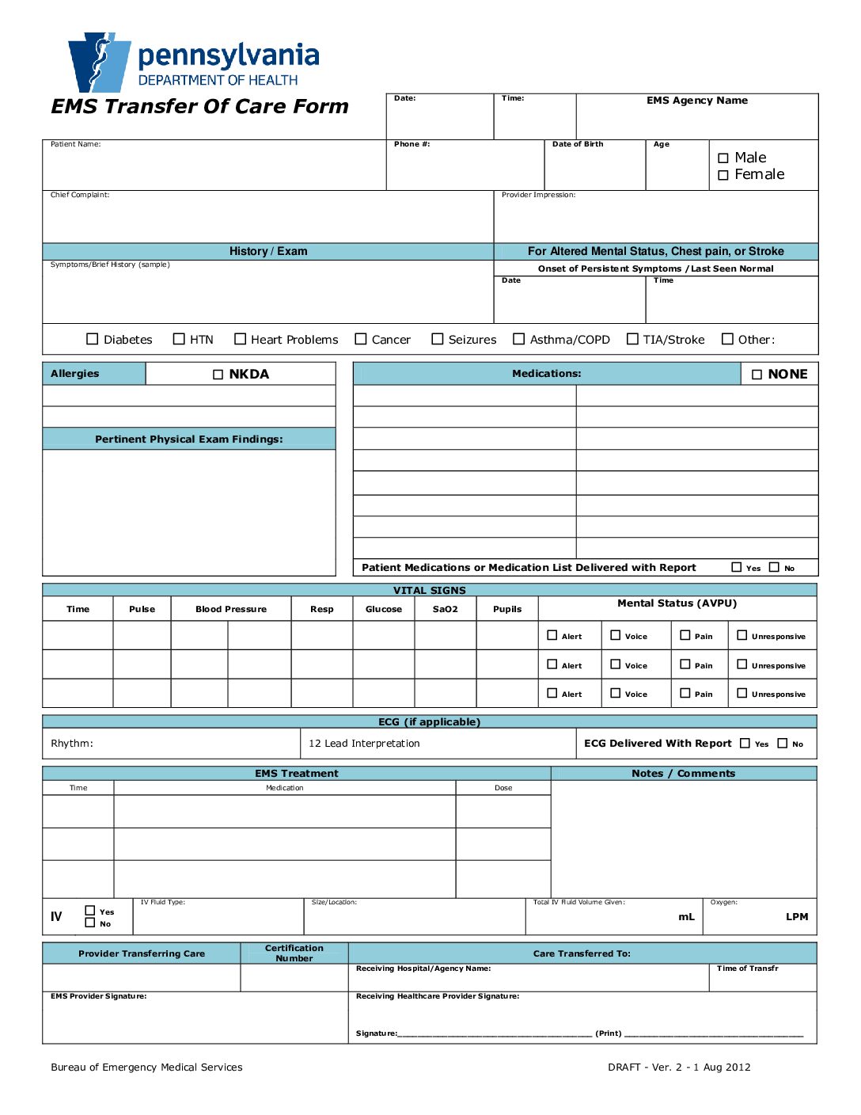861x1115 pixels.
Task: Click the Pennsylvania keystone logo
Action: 100,63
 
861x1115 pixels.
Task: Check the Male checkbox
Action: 723,158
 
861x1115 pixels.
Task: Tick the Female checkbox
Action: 723,175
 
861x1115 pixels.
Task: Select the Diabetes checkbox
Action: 93,339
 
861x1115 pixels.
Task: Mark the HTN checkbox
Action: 179,339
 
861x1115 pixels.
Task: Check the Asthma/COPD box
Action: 519,339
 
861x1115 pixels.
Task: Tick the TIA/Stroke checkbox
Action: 632,339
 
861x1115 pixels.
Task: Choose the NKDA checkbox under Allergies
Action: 218,375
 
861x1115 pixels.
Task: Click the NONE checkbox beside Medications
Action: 757,375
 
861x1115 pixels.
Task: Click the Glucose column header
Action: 384,609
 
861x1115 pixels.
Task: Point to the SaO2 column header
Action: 446,609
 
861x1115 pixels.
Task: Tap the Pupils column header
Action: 507,609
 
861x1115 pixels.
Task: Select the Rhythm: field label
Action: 72,744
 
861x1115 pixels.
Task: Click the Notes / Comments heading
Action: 684,774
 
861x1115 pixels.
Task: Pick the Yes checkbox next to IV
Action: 90,911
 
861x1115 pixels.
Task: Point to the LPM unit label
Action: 797,917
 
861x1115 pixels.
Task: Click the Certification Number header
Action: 294,953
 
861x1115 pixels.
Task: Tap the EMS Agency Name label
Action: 697,101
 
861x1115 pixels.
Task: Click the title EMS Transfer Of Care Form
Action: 200,107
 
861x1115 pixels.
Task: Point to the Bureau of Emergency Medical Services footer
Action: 147,1067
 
